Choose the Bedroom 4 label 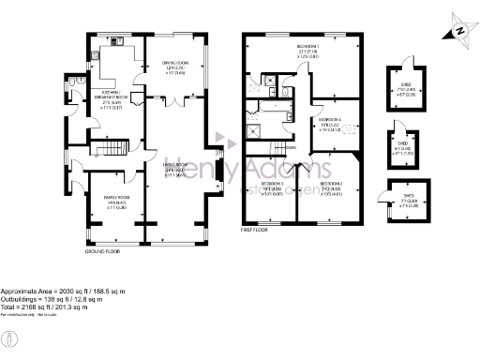329,120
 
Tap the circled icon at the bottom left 8,337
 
